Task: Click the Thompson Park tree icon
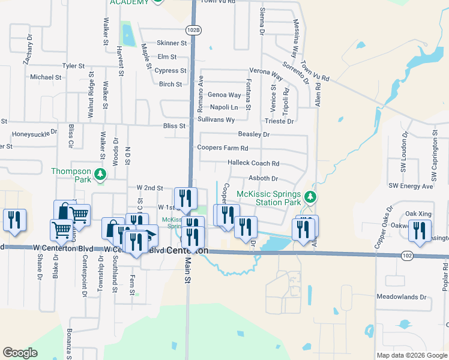point(101,174)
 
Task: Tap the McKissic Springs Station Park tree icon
point(310,197)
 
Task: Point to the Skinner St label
point(172,43)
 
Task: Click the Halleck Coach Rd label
point(254,163)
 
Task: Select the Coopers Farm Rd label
point(223,148)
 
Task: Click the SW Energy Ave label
point(411,187)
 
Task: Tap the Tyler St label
point(74,66)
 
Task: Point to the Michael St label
point(46,77)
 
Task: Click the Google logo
point(20,353)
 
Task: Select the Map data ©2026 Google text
point(412,355)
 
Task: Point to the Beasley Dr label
point(254,135)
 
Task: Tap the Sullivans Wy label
point(216,120)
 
